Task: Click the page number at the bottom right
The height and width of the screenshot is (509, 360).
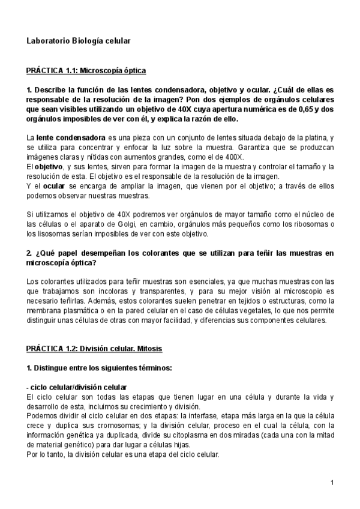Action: (x=332, y=483)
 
